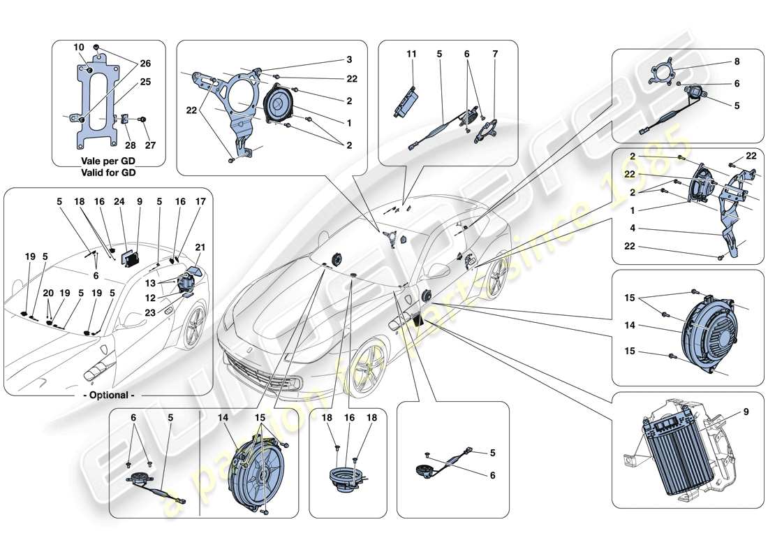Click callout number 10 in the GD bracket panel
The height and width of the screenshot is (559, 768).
[79, 48]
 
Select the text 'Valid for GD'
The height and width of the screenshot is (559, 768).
[108, 172]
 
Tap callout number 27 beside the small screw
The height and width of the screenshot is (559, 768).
[150, 145]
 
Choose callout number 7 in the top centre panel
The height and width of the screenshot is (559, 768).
[495, 54]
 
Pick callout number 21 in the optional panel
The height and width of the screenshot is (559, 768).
[200, 247]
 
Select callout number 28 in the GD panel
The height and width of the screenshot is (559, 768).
[131, 145]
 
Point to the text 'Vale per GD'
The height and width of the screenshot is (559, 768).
[108, 161]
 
